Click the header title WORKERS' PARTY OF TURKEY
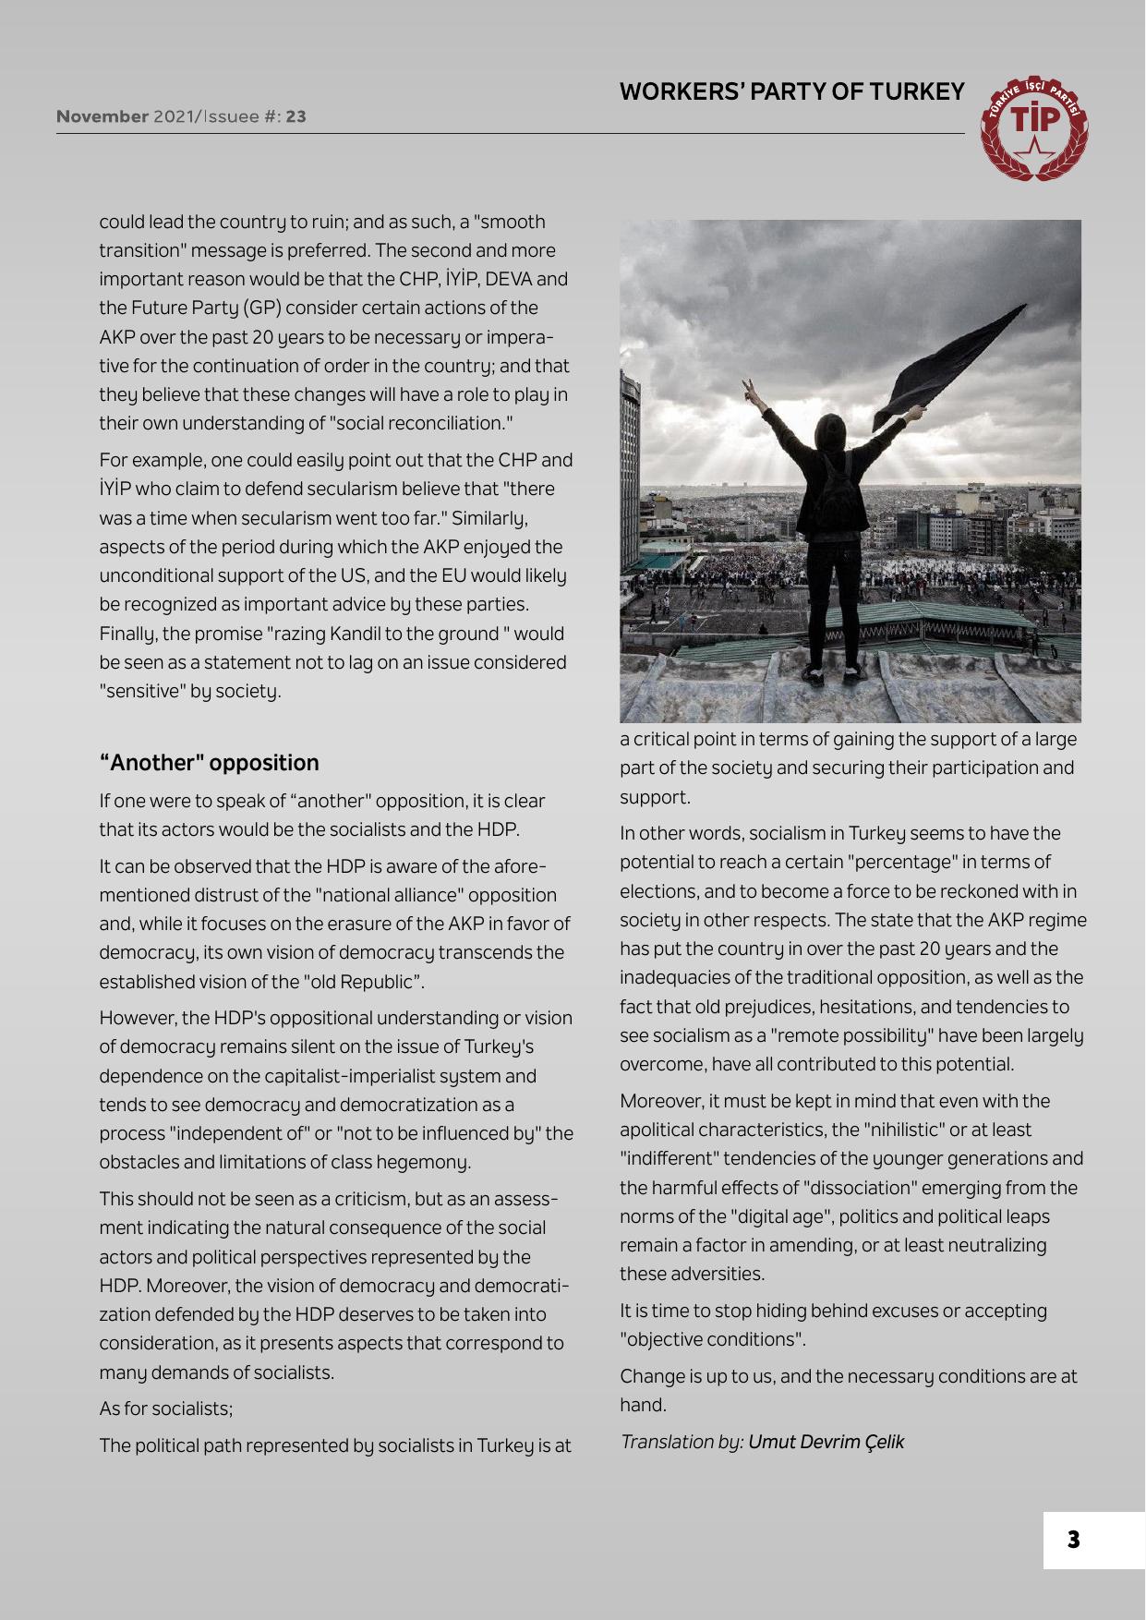(x=791, y=92)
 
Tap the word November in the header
(x=103, y=117)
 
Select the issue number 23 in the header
(x=296, y=117)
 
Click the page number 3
(x=1073, y=1540)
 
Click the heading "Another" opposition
(x=209, y=763)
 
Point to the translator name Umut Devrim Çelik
(x=826, y=1441)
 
